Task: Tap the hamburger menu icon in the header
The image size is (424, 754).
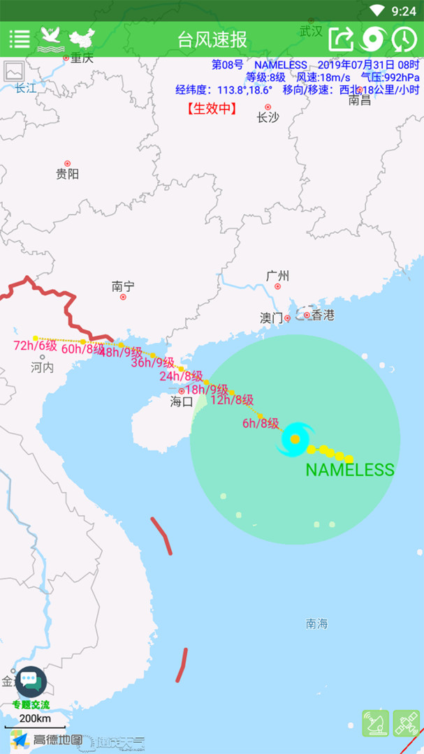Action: [x=19, y=38]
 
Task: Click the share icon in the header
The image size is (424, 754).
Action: [x=341, y=38]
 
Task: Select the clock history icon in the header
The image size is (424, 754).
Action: [x=404, y=38]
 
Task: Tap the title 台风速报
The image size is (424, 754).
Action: [x=212, y=39]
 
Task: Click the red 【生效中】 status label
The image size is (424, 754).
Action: [x=212, y=108]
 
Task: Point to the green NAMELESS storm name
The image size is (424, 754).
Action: [x=350, y=469]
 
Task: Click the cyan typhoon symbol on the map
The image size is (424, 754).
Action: [x=295, y=439]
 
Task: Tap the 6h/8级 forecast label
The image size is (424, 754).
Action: [x=261, y=423]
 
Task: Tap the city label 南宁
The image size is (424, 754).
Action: [x=123, y=286]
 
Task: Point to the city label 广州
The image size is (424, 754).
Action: [x=277, y=276]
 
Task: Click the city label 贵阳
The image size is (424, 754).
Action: [x=67, y=174]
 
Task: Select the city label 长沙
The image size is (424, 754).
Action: [x=268, y=117]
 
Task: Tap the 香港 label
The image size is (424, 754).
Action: [x=323, y=315]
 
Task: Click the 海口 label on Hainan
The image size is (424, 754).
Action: [x=182, y=401]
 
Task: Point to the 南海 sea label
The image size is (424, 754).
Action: [x=316, y=623]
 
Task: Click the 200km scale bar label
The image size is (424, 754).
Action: [x=35, y=718]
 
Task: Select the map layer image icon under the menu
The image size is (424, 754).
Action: [x=14, y=71]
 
